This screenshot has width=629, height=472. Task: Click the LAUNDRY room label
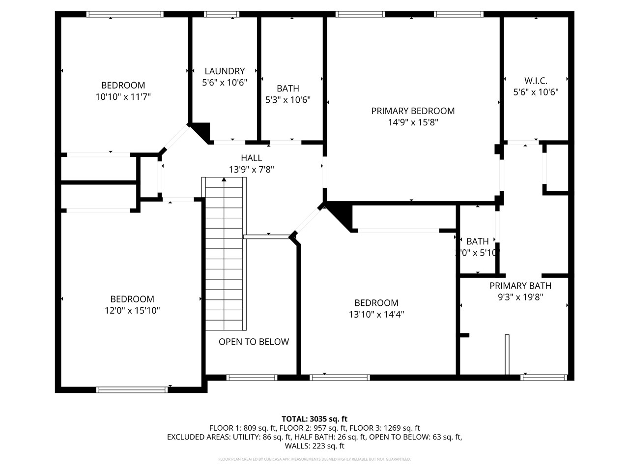[225, 71]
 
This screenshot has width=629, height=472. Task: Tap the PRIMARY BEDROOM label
[413, 111]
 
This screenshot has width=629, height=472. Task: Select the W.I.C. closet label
[536, 81]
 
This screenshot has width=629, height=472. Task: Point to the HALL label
[251, 158]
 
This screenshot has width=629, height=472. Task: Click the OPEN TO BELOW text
[254, 342]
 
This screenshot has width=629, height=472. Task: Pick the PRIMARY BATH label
[520, 286]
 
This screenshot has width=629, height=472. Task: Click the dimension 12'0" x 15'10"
[132, 311]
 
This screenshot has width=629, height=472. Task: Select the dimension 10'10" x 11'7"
[123, 97]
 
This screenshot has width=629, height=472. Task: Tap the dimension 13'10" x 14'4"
[376, 315]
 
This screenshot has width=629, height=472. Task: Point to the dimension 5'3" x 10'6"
[288, 100]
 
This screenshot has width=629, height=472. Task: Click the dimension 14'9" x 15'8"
[413, 122]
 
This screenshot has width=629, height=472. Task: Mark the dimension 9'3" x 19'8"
[520, 297]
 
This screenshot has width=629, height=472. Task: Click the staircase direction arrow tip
[224, 179]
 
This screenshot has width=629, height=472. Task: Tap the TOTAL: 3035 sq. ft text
[314, 419]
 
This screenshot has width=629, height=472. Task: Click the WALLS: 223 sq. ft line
[314, 446]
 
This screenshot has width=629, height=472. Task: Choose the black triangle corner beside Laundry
[203, 130]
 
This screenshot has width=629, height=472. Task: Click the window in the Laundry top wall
[222, 14]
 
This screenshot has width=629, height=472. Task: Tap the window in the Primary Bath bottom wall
[543, 378]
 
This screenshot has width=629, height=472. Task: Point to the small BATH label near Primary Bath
[477, 241]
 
